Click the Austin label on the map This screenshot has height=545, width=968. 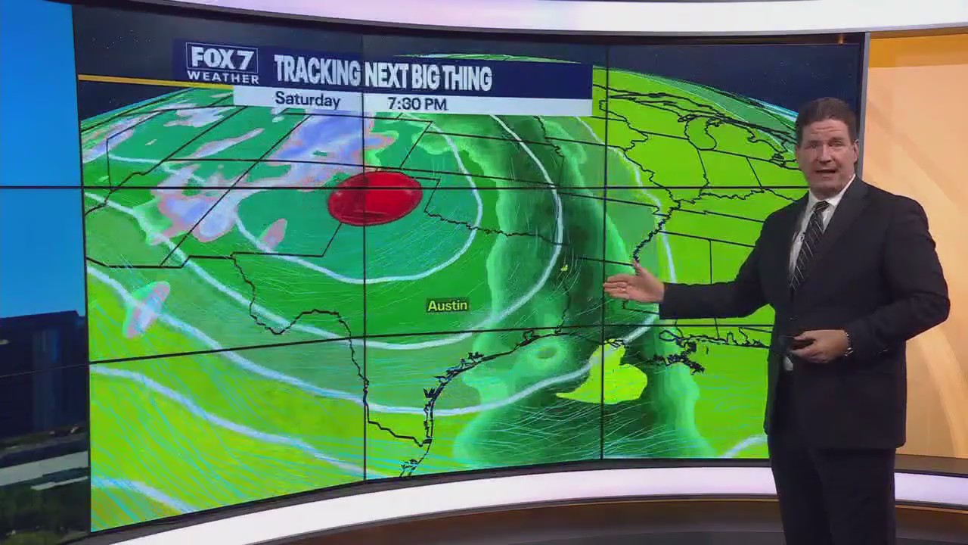(x=448, y=306)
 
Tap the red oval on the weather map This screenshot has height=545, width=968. (x=375, y=198)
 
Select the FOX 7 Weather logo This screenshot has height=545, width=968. (x=222, y=63)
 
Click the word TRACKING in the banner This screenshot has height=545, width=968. (x=317, y=73)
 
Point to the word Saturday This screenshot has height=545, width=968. (x=307, y=100)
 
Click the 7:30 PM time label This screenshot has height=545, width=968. (x=417, y=104)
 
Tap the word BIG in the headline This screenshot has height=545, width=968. (x=425, y=76)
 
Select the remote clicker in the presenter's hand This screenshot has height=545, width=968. (x=797, y=342)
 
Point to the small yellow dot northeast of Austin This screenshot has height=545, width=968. (x=564, y=267)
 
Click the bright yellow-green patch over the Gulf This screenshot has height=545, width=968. (x=605, y=378)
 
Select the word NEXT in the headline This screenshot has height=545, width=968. (x=386, y=76)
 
